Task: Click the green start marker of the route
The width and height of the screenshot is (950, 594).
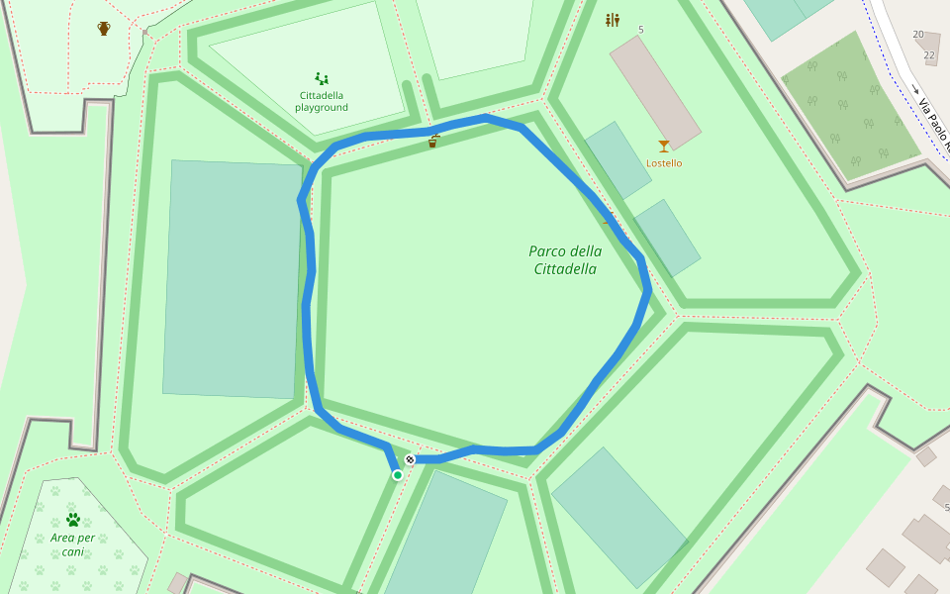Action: pos(398,475)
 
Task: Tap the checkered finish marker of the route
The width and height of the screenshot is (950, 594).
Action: pos(410,459)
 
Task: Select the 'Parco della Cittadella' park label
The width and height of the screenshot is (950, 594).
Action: pos(565,259)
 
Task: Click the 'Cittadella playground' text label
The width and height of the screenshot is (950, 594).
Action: pos(322,101)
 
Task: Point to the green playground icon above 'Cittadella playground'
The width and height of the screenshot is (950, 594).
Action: pos(322,77)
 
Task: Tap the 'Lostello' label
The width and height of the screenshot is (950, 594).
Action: pos(664,163)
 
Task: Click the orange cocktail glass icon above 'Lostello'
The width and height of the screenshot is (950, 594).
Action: pos(664,147)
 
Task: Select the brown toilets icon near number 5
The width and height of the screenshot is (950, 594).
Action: pos(613,20)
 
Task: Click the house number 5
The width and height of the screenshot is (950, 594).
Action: pos(640,30)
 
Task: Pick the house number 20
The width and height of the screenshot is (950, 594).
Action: pos(918,35)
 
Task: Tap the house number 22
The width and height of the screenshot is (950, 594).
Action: pos(928,55)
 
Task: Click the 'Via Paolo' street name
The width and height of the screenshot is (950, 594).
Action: pos(933,124)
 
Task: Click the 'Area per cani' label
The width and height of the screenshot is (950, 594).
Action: pos(72,544)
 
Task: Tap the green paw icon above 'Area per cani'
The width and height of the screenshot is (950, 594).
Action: pos(72,519)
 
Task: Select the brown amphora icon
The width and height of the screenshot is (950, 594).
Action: pos(104,29)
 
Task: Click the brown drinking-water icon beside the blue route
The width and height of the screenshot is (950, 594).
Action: pos(433,142)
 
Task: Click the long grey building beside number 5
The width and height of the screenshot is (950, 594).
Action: pos(655,92)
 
